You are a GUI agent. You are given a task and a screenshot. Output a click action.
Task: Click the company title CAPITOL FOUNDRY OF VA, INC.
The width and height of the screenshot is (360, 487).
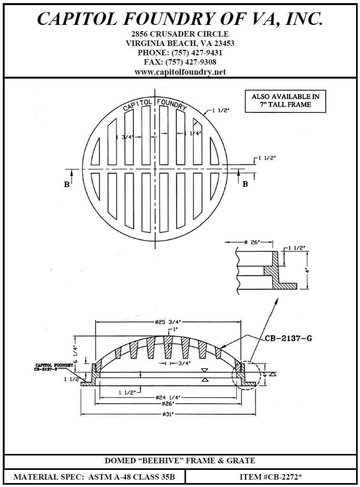point(180,19)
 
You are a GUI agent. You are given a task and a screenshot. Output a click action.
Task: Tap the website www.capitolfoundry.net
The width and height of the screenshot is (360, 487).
point(180,72)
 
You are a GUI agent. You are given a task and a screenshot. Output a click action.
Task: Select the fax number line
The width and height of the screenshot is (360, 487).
point(180,62)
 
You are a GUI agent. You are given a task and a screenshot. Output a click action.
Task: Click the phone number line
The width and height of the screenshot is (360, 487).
point(180,53)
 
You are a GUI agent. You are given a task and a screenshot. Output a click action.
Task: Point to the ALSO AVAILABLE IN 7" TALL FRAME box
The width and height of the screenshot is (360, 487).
point(285,101)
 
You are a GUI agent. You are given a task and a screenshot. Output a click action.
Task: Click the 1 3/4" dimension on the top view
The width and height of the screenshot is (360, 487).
point(125,137)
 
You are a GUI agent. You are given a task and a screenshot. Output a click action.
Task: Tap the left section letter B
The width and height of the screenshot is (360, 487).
point(67,185)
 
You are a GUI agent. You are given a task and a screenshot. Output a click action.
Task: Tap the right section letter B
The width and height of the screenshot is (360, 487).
point(245,184)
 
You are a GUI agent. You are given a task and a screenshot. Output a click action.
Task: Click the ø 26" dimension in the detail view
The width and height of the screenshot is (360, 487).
point(252,242)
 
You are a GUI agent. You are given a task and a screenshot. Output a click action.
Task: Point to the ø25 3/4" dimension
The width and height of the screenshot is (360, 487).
point(169,322)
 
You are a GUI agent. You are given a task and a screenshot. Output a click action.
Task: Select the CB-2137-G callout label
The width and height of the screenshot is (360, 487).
point(288,339)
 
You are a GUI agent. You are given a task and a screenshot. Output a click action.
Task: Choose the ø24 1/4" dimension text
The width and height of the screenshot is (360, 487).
point(168,397)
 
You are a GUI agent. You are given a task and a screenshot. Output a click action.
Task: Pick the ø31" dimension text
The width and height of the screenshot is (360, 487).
point(168,414)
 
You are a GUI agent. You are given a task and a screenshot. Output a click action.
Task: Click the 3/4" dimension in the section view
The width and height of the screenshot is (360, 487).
point(182,363)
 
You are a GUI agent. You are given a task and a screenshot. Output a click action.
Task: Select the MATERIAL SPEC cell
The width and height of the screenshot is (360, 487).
point(94,477)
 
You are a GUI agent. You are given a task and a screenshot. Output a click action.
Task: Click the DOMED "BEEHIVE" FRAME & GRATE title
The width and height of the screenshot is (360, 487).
point(180,461)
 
